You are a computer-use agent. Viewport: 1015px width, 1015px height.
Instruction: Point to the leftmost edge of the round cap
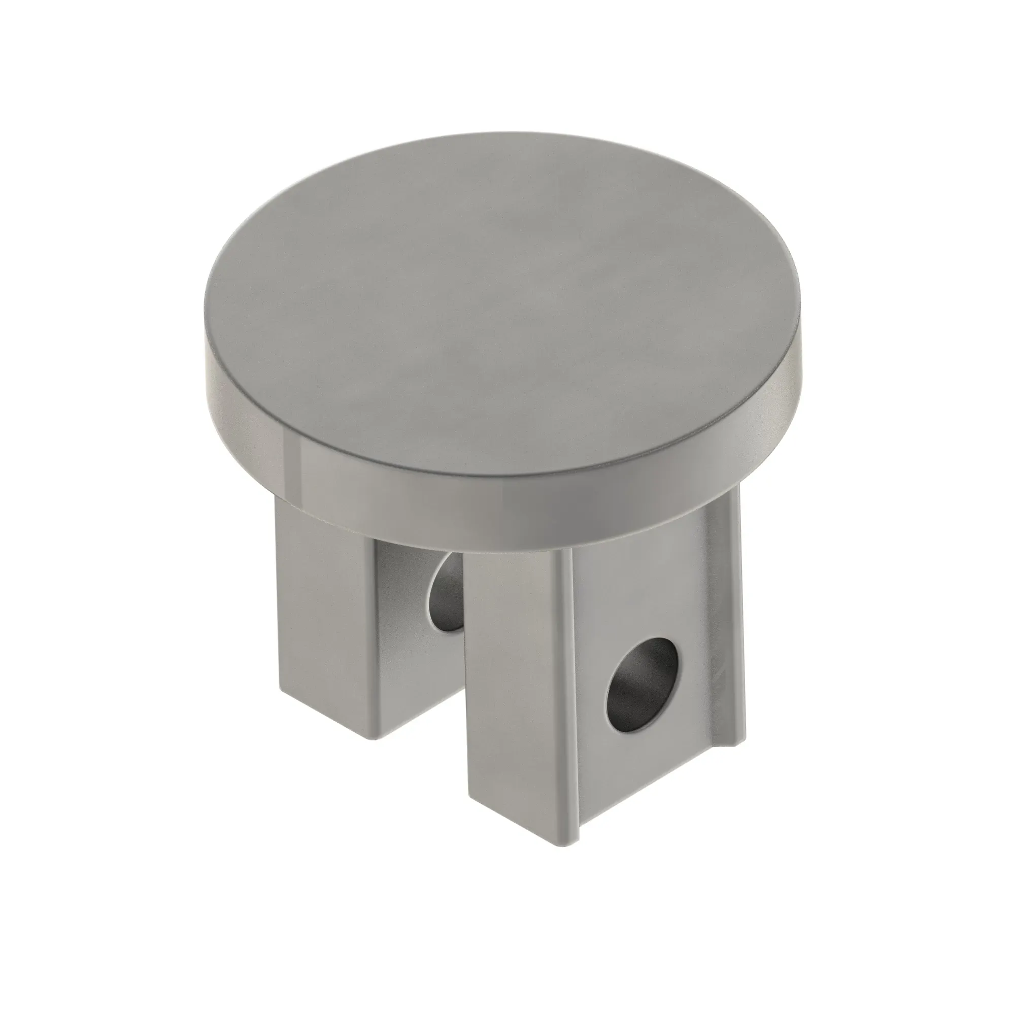tap(206, 362)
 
